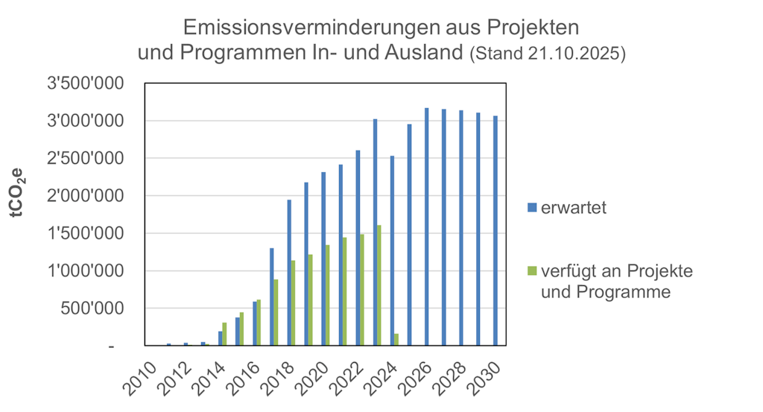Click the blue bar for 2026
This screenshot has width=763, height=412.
point(427,227)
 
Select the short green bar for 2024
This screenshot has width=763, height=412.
point(396,340)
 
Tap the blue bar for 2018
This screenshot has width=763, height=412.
point(289,273)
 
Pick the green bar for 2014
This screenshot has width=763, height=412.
point(224,334)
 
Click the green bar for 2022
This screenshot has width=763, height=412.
point(362,290)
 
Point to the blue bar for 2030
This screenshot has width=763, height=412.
point(496,231)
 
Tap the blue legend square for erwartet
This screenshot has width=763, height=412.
point(531,207)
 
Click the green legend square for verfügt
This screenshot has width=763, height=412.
point(531,270)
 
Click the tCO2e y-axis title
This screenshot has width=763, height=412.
point(16,192)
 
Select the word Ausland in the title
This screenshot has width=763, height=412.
point(424,53)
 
